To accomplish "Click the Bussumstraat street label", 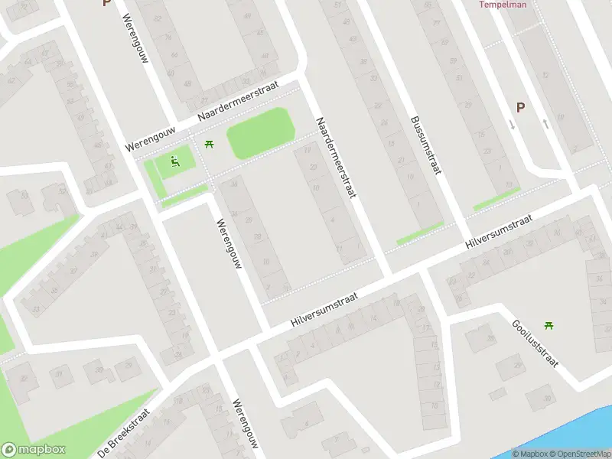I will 426,145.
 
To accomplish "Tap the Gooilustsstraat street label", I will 535,343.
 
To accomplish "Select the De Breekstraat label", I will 123,431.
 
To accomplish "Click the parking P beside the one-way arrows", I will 520,108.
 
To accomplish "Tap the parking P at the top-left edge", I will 106,3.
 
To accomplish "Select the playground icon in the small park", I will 175,161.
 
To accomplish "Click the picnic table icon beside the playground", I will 209,143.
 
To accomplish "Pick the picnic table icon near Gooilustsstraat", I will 549,325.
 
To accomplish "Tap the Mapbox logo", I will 34,450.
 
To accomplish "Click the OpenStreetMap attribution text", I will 581,454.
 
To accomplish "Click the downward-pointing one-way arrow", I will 512,124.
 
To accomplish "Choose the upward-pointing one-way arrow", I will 545,122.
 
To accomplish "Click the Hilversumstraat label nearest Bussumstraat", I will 498,232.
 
